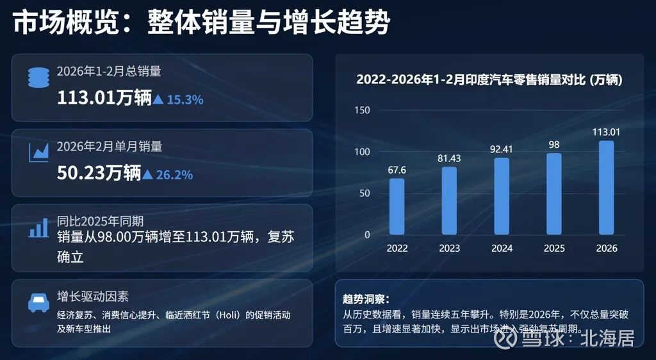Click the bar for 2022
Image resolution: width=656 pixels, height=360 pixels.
click(x=397, y=206)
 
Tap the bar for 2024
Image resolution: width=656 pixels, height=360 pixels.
click(x=502, y=196)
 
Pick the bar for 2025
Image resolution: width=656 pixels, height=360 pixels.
click(x=554, y=193)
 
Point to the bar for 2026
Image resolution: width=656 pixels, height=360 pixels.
click(x=606, y=188)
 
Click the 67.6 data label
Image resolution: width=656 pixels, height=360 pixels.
click(x=397, y=170)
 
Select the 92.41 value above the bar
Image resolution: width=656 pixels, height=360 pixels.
click(x=502, y=150)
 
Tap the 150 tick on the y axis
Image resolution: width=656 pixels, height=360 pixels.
click(x=363, y=110)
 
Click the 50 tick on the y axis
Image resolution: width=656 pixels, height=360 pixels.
click(x=365, y=193)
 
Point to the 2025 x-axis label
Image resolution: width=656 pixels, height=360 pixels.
click(x=554, y=248)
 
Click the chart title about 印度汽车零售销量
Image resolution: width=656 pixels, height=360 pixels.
click(x=489, y=80)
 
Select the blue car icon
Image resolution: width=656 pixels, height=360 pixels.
click(x=38, y=302)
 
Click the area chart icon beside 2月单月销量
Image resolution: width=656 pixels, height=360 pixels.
click(x=38, y=152)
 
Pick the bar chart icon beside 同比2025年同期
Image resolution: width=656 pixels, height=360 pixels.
click(x=38, y=227)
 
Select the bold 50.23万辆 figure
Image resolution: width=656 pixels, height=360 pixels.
click(x=99, y=173)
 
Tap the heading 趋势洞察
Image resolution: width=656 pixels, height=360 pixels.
click(x=366, y=299)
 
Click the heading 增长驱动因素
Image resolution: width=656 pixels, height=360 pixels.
click(x=92, y=297)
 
